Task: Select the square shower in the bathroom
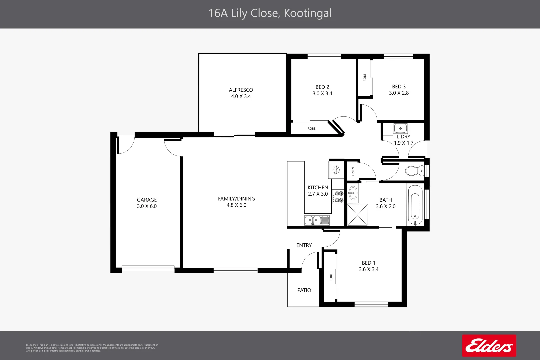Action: tap(357, 215)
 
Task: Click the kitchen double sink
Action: tap(317, 220)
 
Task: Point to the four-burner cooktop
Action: tap(339, 197)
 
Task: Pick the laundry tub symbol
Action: tap(400, 128)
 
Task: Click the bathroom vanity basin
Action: tap(353, 193)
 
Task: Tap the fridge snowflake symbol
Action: tap(336, 170)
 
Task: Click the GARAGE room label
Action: tap(147, 200)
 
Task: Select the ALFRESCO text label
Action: tap(241, 90)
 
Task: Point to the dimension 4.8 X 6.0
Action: tap(236, 205)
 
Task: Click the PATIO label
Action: tap(304, 290)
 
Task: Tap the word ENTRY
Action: tap(304, 245)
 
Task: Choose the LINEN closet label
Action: tap(353, 172)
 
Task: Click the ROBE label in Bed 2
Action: tap(311, 129)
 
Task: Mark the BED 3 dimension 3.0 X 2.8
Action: tap(399, 93)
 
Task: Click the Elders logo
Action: tap(489, 346)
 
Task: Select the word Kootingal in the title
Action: tap(307, 13)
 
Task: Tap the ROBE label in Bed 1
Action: tap(331, 277)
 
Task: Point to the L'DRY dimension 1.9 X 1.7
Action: tap(403, 143)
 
